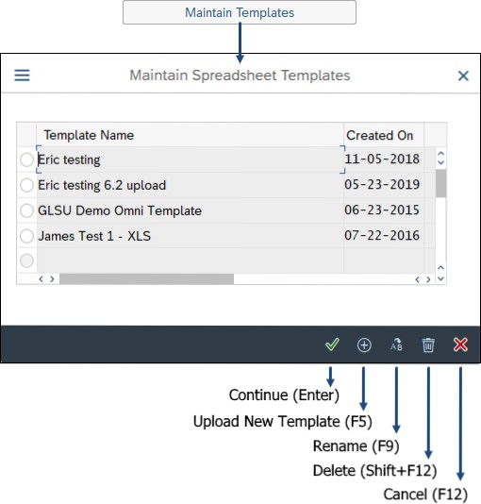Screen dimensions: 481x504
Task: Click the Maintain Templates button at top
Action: (x=240, y=12)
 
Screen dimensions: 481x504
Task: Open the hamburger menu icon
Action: (x=22, y=76)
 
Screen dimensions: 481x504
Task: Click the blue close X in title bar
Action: (x=463, y=76)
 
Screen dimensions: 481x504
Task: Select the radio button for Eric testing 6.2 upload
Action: (x=26, y=185)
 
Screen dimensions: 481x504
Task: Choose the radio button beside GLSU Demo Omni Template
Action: (x=26, y=210)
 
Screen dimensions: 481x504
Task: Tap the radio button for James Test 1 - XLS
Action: (x=26, y=236)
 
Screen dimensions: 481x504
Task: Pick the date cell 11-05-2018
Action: (x=382, y=159)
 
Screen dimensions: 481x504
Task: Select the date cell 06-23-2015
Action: (x=382, y=210)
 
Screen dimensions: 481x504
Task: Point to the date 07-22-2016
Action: (x=382, y=235)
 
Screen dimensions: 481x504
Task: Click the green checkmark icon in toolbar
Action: (x=332, y=344)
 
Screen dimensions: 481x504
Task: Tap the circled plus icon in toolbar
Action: (x=364, y=344)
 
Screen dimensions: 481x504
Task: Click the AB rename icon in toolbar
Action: (x=396, y=344)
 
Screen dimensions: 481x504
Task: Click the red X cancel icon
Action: (x=460, y=344)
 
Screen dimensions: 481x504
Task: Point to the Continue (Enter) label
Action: (x=284, y=395)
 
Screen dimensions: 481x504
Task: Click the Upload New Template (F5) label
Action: (x=283, y=421)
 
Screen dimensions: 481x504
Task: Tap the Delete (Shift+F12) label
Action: (x=375, y=471)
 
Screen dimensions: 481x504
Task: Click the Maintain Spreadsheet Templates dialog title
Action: (x=240, y=76)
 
